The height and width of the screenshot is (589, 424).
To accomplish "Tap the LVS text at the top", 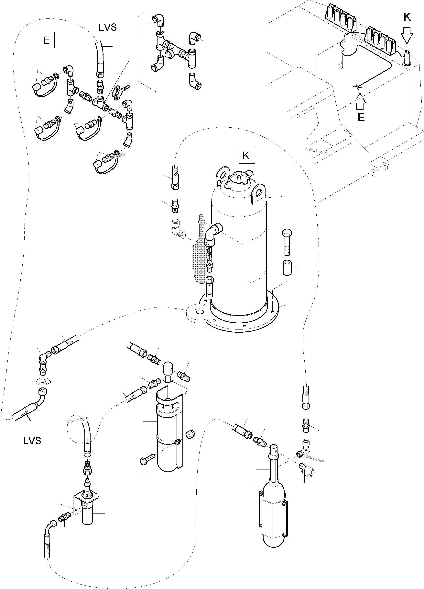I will click(107, 27).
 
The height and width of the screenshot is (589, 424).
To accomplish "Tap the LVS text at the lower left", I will click(32, 441).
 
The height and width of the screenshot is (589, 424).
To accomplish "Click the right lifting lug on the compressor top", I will click(258, 192).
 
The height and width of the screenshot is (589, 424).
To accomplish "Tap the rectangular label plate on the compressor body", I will click(257, 261).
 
